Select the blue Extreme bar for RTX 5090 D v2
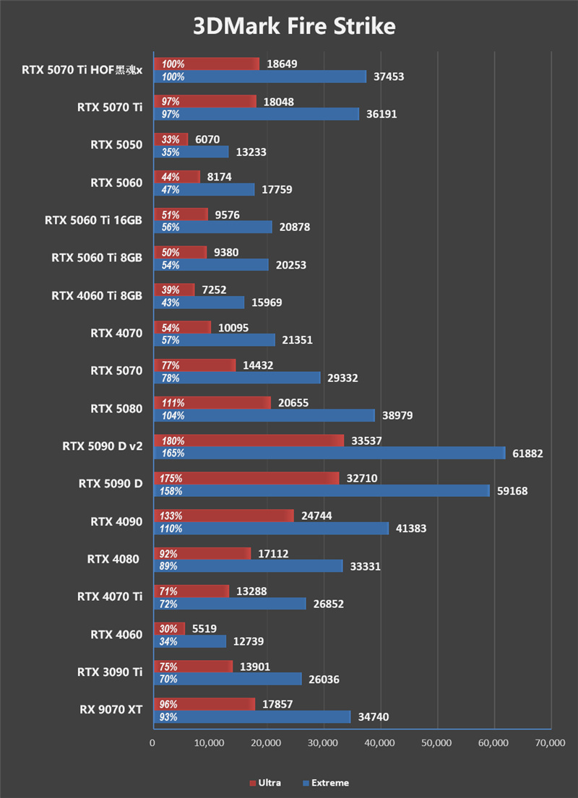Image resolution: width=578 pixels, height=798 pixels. (329, 453)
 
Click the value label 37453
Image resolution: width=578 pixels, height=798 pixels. (388, 77)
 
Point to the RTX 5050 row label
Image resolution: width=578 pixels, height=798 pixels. (116, 144)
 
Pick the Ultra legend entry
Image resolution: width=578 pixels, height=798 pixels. (267, 783)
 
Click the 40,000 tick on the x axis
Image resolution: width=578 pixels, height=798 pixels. (380, 742)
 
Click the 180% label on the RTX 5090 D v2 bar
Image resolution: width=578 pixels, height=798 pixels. (173, 441)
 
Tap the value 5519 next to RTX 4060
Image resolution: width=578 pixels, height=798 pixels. (205, 628)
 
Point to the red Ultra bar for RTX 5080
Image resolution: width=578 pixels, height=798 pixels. (212, 403)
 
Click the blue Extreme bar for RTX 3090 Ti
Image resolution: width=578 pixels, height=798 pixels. (227, 679)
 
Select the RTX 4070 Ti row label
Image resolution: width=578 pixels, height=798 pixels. (110, 597)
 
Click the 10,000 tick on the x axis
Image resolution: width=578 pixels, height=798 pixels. (210, 742)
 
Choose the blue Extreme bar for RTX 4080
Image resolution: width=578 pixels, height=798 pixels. (248, 566)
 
